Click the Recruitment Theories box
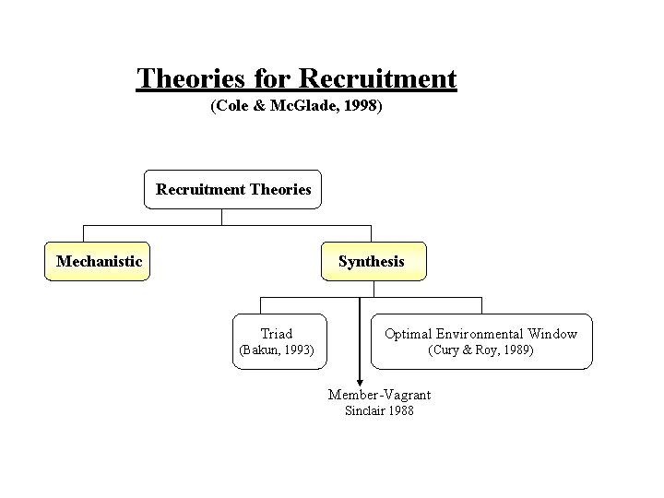click(233, 190)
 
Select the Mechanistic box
click(99, 262)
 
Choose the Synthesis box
click(371, 262)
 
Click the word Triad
click(276, 334)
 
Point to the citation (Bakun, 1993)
click(276, 350)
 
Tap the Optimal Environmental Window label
click(480, 334)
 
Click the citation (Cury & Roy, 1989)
click(480, 350)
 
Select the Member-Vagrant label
click(379, 395)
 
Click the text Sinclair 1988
click(379, 410)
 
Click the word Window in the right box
click(553, 334)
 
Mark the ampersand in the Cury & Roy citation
click(469, 350)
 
